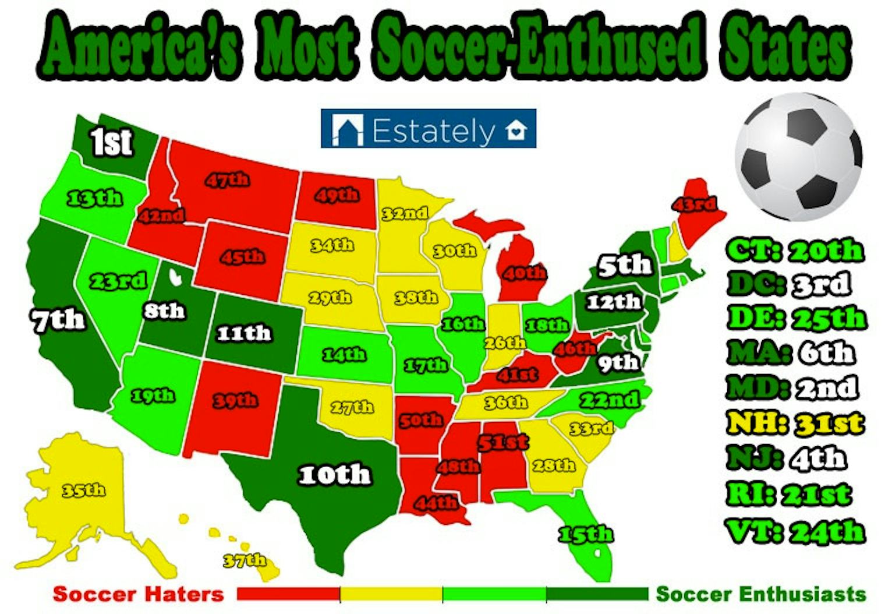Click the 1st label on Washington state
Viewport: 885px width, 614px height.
click(111, 142)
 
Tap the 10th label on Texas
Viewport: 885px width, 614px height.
click(335, 475)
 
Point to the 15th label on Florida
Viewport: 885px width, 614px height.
click(585, 534)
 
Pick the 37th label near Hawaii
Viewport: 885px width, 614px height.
click(245, 560)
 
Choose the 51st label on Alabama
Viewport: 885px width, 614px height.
click(503, 442)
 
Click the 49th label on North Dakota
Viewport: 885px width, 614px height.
click(337, 195)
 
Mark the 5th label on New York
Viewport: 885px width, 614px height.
click(625, 266)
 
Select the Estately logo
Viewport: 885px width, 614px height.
click(429, 129)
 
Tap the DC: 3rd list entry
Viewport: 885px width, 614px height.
click(789, 284)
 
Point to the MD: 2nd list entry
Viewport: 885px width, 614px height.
click(792, 389)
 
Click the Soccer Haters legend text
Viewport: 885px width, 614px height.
click(139, 594)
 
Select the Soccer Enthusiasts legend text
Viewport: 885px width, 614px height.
click(760, 594)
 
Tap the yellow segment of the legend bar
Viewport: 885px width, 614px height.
click(391, 594)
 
